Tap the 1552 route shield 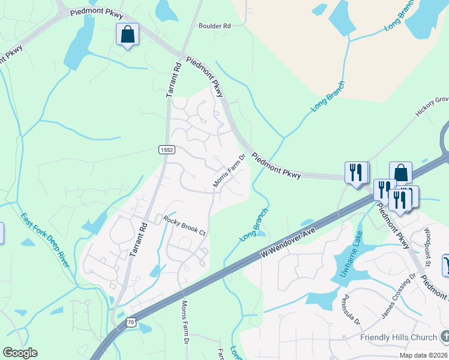pos(167,150)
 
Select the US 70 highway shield pos(130,322)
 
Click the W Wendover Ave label pos(289,239)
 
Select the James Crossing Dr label pos(399,296)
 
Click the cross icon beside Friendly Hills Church pos(444,336)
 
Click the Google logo pos(19,353)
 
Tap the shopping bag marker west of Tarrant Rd pos(127,34)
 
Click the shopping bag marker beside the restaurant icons pos(400,173)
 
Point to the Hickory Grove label pos(432,106)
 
